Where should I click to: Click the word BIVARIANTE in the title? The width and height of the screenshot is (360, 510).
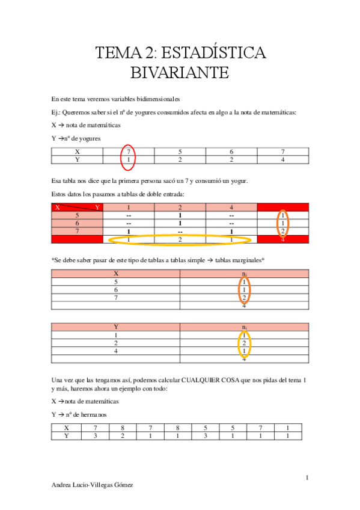pos(180,73)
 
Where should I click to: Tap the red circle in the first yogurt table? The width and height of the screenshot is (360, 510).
pos(128,156)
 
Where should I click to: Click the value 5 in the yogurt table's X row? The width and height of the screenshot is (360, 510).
pos(180,152)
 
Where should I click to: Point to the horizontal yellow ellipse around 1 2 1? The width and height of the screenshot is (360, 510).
pos(180,239)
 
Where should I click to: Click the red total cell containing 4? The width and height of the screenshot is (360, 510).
pos(282,239)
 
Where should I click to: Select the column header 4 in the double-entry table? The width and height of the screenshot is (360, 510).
pos(231,207)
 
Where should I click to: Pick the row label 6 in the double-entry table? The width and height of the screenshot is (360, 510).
pos(77,223)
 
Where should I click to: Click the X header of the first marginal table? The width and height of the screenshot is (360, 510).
pos(115,273)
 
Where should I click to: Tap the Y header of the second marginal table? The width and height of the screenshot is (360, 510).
pos(115,327)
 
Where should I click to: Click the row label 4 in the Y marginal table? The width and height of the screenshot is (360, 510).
pos(115,351)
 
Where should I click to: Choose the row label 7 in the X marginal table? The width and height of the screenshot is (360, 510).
pos(115,296)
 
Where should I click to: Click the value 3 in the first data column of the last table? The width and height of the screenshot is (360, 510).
pos(94,435)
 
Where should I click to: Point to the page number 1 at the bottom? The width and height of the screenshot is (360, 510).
pos(307,478)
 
